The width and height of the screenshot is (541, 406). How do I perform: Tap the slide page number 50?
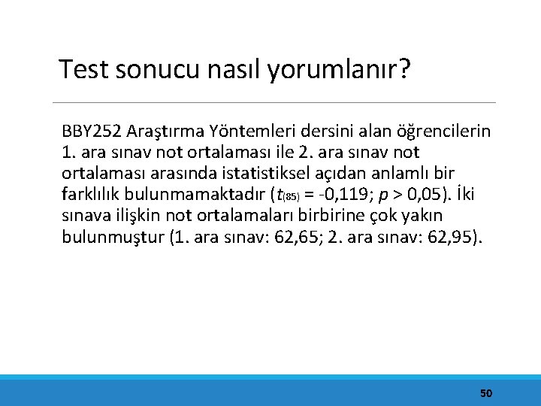coord(486,393)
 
